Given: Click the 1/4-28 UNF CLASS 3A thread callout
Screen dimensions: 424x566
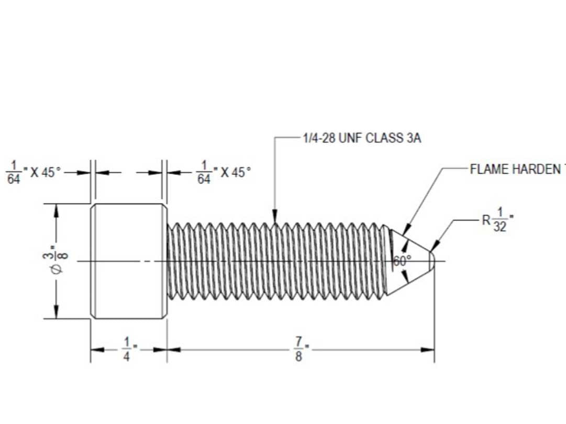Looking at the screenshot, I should click(362, 139).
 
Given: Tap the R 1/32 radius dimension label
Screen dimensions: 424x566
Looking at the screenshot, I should click(497, 220).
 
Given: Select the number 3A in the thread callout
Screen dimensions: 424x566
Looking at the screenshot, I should click(414, 139).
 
